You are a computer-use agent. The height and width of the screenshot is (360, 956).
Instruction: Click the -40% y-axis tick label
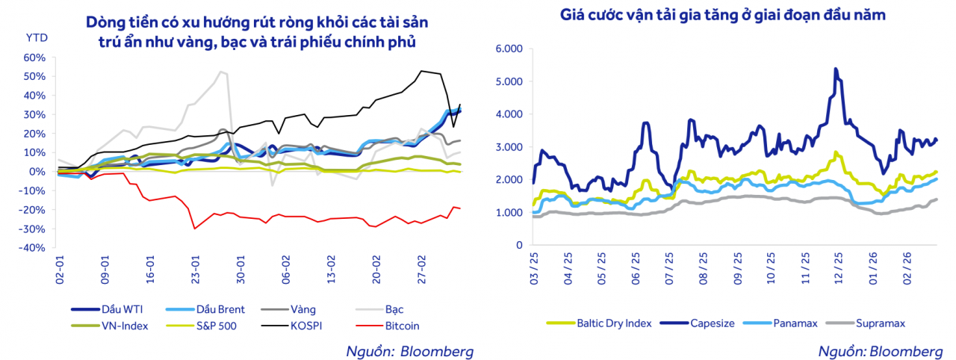(x=34, y=247)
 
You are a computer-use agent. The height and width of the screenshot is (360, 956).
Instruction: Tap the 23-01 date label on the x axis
(x=196, y=267)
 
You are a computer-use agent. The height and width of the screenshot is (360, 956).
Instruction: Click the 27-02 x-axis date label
(x=422, y=267)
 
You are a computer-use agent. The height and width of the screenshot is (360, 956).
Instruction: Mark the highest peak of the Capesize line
(x=835, y=69)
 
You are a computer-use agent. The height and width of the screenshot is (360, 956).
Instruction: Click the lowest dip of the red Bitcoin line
(x=195, y=229)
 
